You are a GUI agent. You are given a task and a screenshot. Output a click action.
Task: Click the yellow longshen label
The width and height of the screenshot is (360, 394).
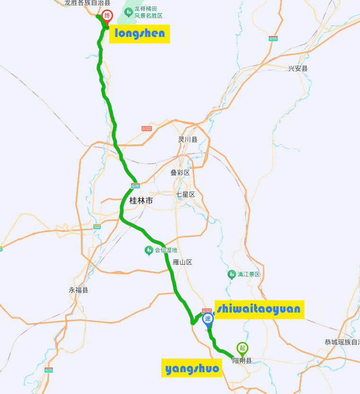(140, 34)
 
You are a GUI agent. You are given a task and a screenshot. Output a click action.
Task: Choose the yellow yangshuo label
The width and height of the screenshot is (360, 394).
(192, 368)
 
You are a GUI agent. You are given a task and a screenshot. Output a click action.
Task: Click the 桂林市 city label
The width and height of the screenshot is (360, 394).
(141, 201)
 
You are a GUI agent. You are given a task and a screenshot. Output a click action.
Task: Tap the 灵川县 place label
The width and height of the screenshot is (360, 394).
(187, 139)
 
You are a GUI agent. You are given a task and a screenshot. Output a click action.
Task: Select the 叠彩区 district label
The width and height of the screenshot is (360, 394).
(180, 173)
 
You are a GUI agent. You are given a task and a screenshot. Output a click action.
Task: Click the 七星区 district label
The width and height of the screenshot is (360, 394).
(185, 195)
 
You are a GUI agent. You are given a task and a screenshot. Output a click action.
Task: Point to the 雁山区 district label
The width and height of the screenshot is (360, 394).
(182, 262)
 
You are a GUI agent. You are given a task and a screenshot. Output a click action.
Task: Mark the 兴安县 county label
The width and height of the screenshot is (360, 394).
(298, 69)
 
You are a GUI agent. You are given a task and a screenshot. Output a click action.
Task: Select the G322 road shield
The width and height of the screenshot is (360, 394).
(147, 128)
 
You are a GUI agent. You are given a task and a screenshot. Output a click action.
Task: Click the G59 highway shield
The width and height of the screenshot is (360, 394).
(273, 38)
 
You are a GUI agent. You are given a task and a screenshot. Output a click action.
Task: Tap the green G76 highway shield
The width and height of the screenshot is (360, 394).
(135, 185)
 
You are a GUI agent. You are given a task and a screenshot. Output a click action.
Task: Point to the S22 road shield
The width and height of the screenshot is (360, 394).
(97, 226)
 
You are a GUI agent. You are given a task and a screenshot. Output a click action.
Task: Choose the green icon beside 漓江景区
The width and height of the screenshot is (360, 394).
(231, 274)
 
